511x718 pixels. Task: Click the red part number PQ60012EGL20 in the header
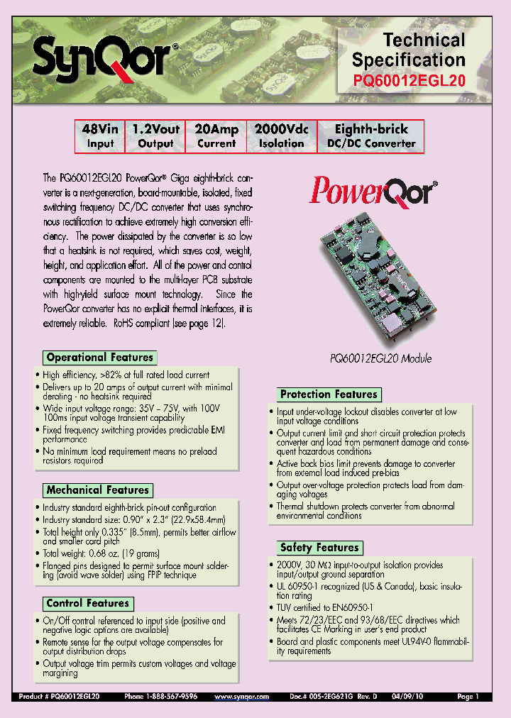409,81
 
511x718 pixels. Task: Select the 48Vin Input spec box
100,136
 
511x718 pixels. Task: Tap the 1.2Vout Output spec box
155,136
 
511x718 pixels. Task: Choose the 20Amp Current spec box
216,136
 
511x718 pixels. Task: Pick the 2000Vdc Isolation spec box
281,136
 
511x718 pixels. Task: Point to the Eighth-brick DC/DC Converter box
371,136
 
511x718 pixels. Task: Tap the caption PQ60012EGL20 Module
381,358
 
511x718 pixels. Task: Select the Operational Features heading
99,358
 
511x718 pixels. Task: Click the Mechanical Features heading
97,490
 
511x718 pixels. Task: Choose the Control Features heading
87,604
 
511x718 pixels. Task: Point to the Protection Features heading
329,394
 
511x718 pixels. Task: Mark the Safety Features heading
319,548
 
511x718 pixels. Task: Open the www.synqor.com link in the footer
242,697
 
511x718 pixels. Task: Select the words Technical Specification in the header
409,50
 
